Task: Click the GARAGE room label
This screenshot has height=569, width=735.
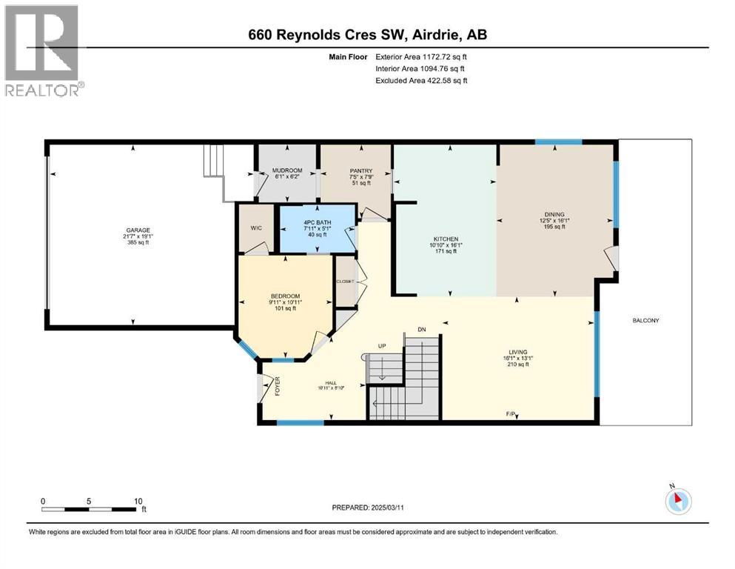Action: coord(133,229)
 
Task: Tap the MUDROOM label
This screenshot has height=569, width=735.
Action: coord(287,170)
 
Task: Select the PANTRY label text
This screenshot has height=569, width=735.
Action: coord(340,170)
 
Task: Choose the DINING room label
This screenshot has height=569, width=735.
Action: coord(554,213)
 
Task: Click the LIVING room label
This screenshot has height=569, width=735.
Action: coord(517,352)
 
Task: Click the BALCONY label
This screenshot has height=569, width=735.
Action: coord(645,320)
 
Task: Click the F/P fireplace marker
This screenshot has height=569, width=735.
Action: coord(511,413)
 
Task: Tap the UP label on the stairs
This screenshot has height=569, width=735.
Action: coord(382,346)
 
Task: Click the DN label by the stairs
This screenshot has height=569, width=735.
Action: coord(422,330)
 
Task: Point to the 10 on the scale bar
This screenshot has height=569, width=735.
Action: coord(138,501)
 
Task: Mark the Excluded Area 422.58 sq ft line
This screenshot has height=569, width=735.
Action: coord(421,80)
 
